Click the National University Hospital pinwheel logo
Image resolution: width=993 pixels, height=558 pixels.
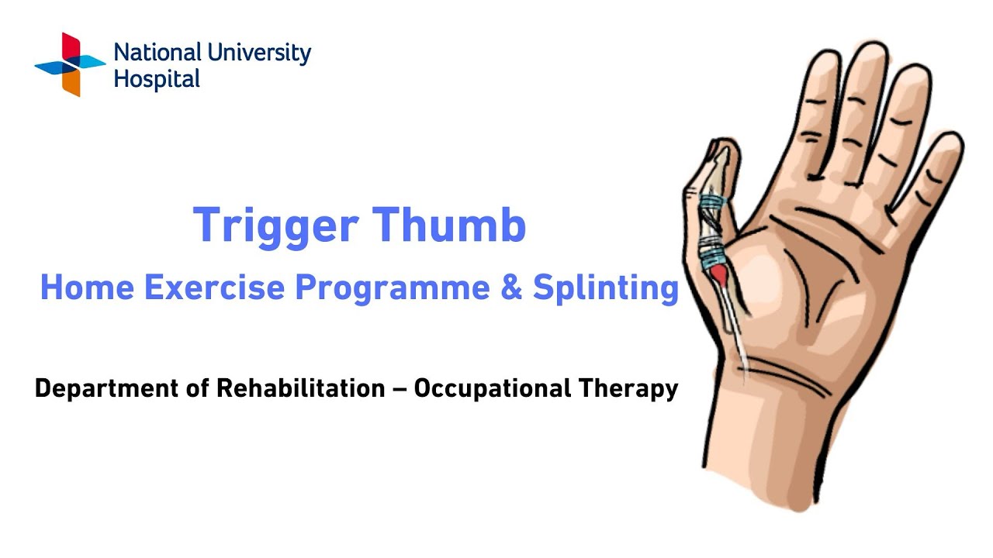[70, 64]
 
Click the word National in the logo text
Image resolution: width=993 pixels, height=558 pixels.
[158, 53]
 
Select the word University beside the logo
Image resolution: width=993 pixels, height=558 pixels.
[260, 54]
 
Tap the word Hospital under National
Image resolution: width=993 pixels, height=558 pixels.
[157, 79]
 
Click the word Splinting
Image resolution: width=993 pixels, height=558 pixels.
[606, 289]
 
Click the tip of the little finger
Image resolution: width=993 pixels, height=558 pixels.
[948, 143]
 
